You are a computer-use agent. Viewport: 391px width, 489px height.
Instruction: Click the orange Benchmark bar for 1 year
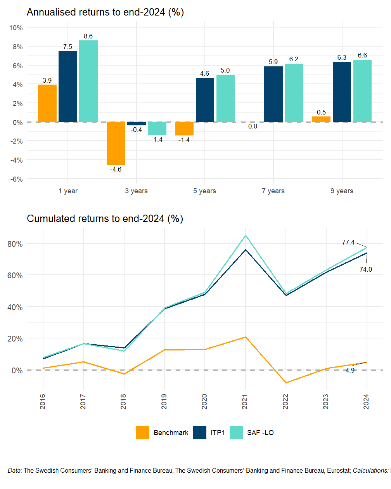tap(47, 103)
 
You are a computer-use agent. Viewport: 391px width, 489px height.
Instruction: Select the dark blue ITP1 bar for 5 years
tap(205, 100)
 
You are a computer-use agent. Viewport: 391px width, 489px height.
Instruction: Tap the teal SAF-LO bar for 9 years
tap(362, 91)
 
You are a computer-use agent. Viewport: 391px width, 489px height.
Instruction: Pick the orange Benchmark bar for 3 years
tap(116, 143)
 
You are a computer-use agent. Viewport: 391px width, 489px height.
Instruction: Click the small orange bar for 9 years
tap(321, 119)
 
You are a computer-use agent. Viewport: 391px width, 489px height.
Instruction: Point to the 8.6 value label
tap(88, 36)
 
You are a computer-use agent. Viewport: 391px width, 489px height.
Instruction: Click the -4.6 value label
tap(116, 170)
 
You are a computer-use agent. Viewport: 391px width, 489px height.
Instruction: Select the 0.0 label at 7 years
tap(253, 127)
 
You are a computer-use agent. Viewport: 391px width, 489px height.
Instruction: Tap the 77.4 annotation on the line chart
tap(348, 243)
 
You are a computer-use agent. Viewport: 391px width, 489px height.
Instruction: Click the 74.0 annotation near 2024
tap(365, 270)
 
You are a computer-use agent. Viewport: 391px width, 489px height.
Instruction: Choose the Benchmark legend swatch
tap(143, 433)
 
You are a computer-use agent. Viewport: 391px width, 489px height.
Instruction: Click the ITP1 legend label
tap(218, 433)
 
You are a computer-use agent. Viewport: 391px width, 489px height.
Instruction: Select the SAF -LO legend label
tap(260, 433)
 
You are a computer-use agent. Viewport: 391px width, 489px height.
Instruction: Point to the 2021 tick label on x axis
tap(245, 401)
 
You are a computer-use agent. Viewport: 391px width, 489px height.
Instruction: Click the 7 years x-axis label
tap(273, 191)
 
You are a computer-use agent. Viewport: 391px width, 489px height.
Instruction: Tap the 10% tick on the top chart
tap(16, 28)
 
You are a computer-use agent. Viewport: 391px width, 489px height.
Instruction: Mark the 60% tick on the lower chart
tap(15, 276)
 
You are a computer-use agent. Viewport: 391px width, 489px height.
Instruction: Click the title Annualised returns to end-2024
tap(105, 12)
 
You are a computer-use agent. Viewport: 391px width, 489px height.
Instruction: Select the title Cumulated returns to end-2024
tap(105, 219)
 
